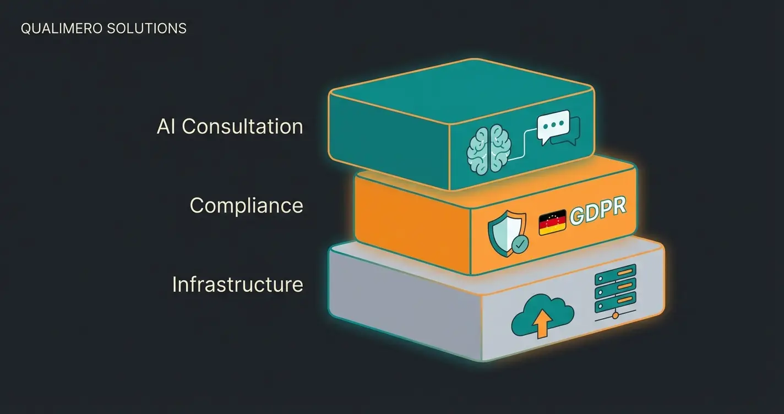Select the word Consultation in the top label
242,127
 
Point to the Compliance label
246,205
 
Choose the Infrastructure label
237,285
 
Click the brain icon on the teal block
489,148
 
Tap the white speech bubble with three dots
553,127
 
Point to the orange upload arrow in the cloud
542,325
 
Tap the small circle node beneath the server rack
616,315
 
